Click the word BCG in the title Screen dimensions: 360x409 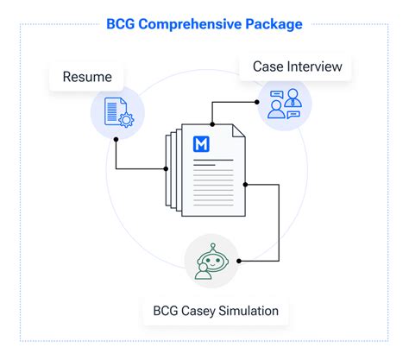pos(122,24)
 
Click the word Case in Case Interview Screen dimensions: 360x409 pos(268,66)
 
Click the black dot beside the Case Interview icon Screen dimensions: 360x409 pos(256,101)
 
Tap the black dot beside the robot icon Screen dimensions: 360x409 pos(237,260)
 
